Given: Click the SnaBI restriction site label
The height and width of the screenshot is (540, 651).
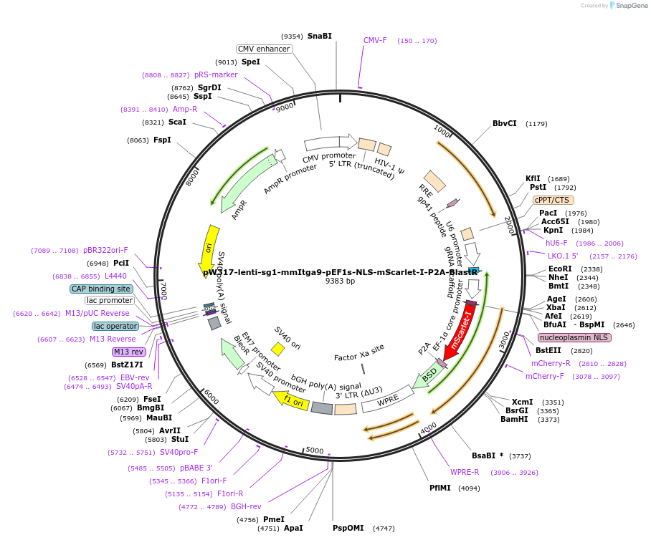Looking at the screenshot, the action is pyautogui.click(x=319, y=36).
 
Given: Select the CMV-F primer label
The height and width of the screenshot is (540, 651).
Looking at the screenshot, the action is pyautogui.click(x=375, y=40).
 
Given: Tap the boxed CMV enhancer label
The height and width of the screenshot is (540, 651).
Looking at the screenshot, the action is pyautogui.click(x=265, y=49).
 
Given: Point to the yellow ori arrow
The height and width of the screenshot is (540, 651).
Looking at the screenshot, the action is pyautogui.click(x=209, y=248).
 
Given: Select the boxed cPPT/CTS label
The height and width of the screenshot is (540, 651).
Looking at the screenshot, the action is pyautogui.click(x=553, y=201).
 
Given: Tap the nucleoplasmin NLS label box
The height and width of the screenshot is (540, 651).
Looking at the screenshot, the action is pyautogui.click(x=574, y=337).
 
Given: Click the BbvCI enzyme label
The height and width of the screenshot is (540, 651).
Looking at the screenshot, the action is pyautogui.click(x=504, y=123).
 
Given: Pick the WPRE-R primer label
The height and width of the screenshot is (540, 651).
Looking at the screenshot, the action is pyautogui.click(x=465, y=473).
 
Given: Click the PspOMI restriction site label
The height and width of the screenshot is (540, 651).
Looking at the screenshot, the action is pyautogui.click(x=348, y=528).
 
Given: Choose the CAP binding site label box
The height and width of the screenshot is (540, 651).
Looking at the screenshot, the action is pyautogui.click(x=101, y=289).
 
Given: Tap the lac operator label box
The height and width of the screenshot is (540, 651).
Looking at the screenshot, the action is pyautogui.click(x=115, y=326).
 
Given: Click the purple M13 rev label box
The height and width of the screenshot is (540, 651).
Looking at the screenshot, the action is pyautogui.click(x=128, y=352).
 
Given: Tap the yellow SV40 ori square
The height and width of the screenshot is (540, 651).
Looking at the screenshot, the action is pyautogui.click(x=278, y=348).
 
